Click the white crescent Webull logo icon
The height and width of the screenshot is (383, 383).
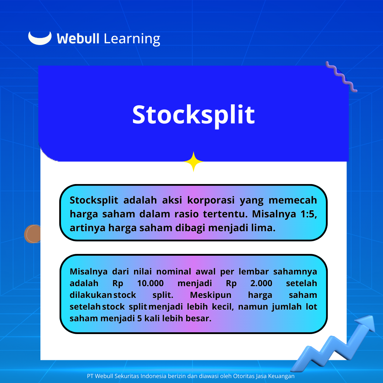point(40,39)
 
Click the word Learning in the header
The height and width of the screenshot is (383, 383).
point(132,39)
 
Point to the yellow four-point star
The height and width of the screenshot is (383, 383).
point(194,161)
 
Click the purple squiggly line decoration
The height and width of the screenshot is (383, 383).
point(341,77)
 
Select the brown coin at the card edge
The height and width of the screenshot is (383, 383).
point(33,234)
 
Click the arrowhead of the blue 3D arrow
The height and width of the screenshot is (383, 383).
point(366,323)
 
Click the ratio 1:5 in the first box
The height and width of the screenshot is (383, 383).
point(309,214)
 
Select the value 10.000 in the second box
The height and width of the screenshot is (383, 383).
point(150,283)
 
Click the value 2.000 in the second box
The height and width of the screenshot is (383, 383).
point(261,283)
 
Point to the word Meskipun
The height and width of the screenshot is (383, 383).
point(211,295)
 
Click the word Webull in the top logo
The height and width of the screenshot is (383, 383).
point(78,39)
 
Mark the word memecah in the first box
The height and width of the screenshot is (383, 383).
point(293,200)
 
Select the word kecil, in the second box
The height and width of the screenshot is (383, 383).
point(223,306)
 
